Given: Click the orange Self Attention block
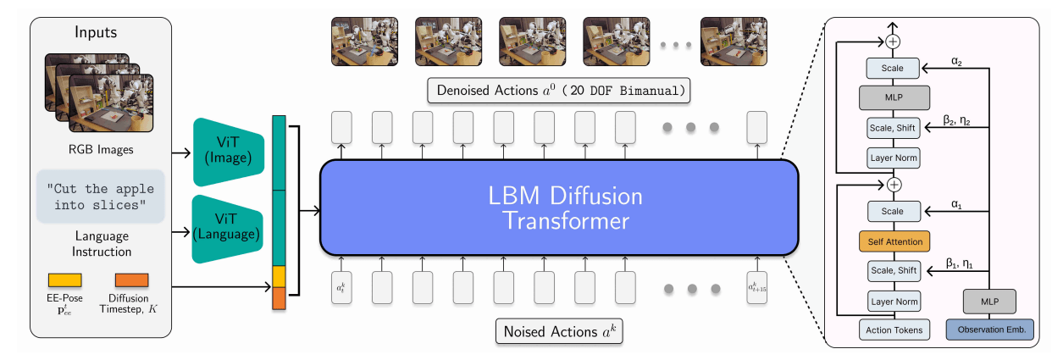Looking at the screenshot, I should [x=894, y=241].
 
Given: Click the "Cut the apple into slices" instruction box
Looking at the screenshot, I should [x=101, y=198].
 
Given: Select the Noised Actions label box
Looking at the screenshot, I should [x=558, y=330].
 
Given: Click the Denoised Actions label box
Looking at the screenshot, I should [x=560, y=89].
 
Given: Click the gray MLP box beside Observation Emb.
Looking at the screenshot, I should [x=989, y=299].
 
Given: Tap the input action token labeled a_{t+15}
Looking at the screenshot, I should [x=757, y=289].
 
